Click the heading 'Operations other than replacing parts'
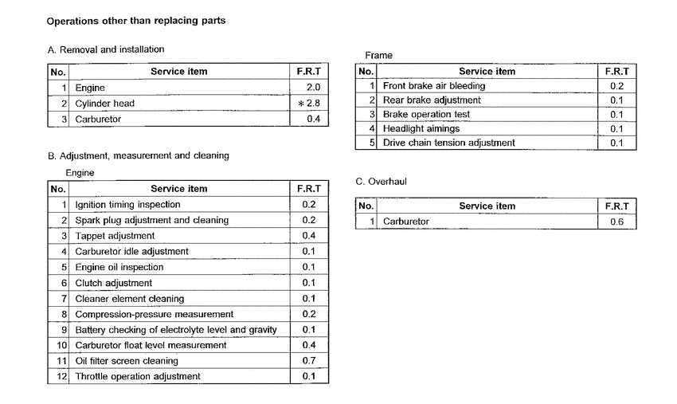(x=135, y=21)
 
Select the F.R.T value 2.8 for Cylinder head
(x=311, y=104)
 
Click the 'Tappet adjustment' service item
(x=115, y=236)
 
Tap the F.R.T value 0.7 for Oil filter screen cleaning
(x=309, y=361)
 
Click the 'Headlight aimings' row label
(x=421, y=129)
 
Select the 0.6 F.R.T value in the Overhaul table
(x=617, y=222)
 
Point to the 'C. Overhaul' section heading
(x=381, y=182)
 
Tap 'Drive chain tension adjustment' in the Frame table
(x=448, y=143)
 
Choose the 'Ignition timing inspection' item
(x=128, y=205)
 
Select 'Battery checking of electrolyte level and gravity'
(x=175, y=330)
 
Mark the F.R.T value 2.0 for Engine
(x=312, y=88)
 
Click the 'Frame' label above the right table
(x=378, y=55)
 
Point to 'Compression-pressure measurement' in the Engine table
(x=154, y=314)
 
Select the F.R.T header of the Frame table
(x=616, y=71)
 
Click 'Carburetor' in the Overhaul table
(x=405, y=222)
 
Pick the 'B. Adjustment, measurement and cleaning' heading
(x=138, y=155)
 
